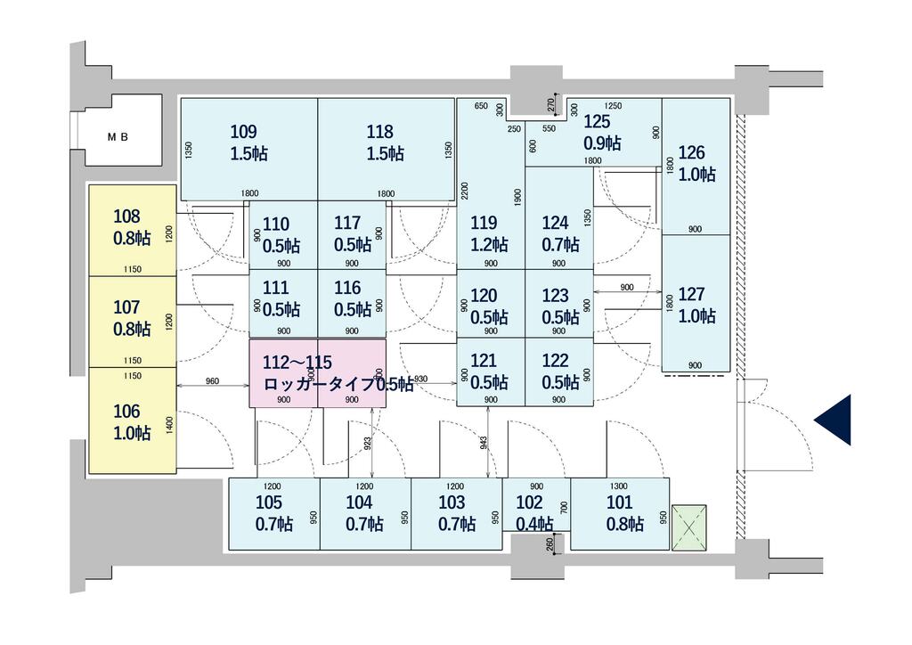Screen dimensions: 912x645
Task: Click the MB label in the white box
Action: coord(118,137)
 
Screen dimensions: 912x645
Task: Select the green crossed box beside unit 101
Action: coord(688,527)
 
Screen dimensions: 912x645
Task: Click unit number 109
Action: coord(243,132)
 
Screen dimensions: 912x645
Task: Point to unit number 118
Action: coord(379,132)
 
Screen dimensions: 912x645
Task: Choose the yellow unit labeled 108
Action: coord(132,231)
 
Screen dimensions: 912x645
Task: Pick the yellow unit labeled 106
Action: coord(132,420)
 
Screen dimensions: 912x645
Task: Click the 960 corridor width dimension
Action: coord(212,381)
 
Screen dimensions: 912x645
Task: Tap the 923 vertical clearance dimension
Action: coord(368,444)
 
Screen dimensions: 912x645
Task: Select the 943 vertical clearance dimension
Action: coord(484,443)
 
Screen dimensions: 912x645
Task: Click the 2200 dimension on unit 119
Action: coord(463,191)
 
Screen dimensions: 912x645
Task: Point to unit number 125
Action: coord(597,121)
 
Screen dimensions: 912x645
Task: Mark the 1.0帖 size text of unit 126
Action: coord(696,174)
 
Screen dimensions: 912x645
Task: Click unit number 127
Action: coord(691,294)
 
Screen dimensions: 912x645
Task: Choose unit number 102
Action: coord(529,502)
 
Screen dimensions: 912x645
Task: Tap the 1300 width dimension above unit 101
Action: coord(619,486)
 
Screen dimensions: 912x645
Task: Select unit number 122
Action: coord(555,361)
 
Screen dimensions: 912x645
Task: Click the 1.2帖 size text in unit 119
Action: coord(489,244)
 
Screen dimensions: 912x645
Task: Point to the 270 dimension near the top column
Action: coord(551,105)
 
